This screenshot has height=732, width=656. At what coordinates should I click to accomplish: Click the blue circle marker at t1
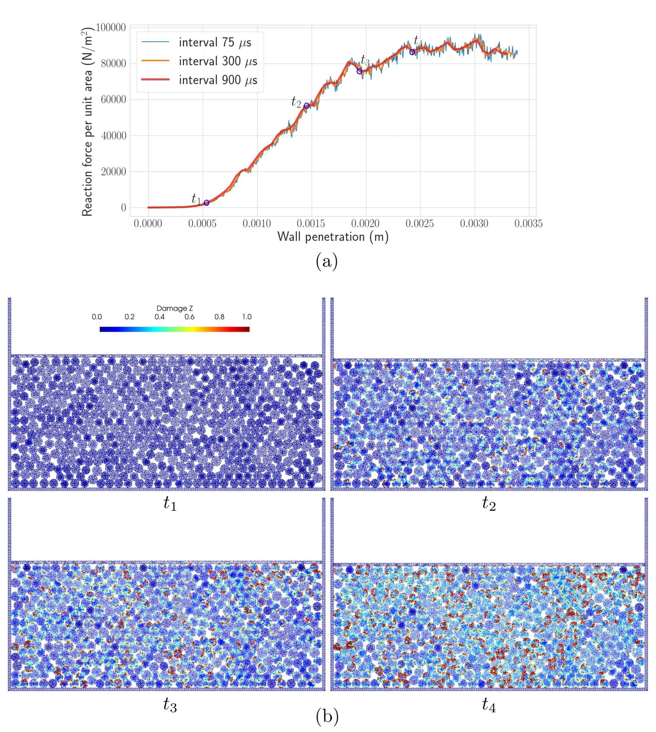click(x=206, y=203)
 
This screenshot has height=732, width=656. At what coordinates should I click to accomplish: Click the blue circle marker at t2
click(x=307, y=106)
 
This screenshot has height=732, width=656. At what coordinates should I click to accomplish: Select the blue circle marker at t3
click(x=359, y=72)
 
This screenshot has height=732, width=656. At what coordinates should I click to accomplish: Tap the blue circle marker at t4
click(x=412, y=52)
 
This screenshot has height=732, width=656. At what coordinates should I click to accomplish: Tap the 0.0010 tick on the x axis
click(x=257, y=224)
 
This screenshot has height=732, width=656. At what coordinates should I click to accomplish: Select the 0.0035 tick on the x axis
click(x=528, y=224)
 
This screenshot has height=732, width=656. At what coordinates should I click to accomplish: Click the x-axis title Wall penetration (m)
click(x=333, y=237)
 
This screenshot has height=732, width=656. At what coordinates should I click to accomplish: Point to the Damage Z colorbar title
click(x=174, y=309)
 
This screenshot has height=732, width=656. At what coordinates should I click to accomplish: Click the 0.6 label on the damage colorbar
click(x=190, y=317)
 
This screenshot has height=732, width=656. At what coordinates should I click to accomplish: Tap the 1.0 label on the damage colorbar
click(x=247, y=317)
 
